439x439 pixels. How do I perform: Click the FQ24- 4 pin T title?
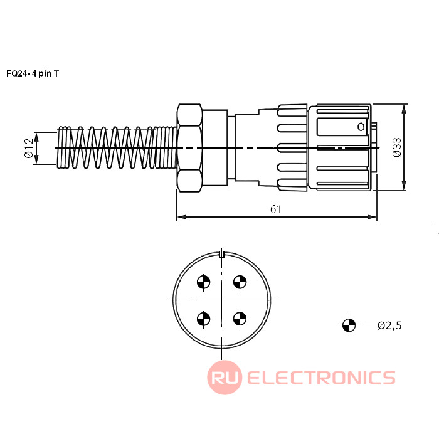(33, 73)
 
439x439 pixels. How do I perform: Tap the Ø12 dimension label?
(29, 148)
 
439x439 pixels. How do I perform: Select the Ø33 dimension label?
(397, 147)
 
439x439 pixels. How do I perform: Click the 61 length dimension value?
(276, 209)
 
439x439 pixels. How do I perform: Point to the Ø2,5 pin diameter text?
(389, 325)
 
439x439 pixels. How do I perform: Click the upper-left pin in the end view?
(204, 282)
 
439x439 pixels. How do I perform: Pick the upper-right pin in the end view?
(240, 282)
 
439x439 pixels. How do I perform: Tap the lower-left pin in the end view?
(204, 319)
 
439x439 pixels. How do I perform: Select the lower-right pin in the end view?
(240, 319)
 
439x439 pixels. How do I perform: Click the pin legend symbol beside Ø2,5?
(349, 325)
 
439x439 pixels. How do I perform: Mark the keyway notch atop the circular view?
(222, 255)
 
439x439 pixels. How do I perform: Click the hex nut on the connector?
(189, 148)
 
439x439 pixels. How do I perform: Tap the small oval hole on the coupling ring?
(361, 127)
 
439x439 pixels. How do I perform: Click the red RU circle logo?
(225, 378)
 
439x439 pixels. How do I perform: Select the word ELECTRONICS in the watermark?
(321, 378)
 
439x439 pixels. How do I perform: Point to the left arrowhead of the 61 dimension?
(182, 217)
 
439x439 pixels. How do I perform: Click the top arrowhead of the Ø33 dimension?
(404, 110)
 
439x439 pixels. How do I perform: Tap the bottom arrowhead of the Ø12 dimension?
(36, 159)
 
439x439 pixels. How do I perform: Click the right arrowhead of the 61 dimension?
(372, 217)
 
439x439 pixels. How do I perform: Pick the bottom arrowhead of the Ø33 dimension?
(404, 186)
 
